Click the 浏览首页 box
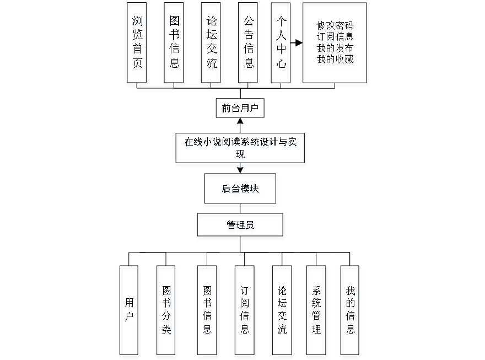[x=137, y=45]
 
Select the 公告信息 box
[x=249, y=45]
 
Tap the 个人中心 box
[x=282, y=45]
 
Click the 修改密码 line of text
[x=335, y=26]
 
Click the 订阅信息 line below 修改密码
[x=335, y=38]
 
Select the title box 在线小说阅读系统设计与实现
[x=240, y=149]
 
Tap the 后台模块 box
[x=241, y=191]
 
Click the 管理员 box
[x=241, y=227]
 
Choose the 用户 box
[x=130, y=311]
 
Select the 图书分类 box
[x=166, y=311]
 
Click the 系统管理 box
[x=317, y=311]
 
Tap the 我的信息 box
[x=351, y=311]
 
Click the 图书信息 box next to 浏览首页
[x=174, y=45]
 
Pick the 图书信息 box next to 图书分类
[x=208, y=311]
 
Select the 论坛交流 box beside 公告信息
[x=212, y=45]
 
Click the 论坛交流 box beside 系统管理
[x=282, y=311]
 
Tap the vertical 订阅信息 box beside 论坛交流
[x=245, y=311]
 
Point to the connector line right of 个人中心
[x=298, y=43]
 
